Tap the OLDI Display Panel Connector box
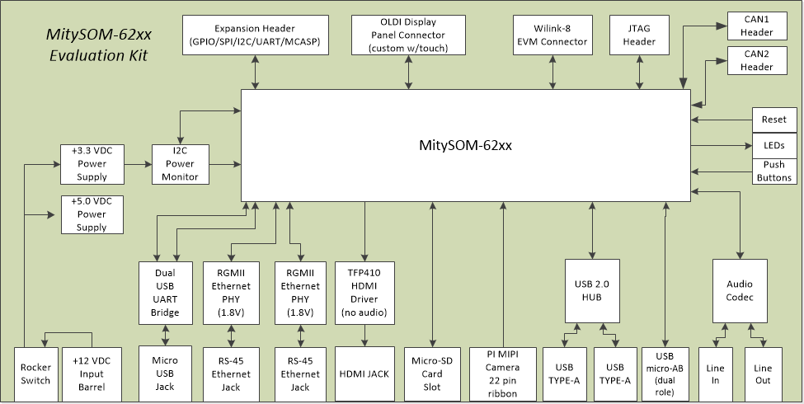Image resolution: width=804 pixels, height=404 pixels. pyautogui.click(x=409, y=35)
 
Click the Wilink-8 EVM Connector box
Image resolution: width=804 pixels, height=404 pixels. pyautogui.click(x=552, y=35)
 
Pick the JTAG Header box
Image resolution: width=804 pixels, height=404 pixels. pyautogui.click(x=640, y=35)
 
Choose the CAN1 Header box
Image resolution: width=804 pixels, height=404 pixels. pyautogui.click(x=756, y=26)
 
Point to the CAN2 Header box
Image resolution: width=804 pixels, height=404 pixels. pyautogui.click(x=756, y=60)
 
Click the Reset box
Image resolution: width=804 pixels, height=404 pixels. pyautogui.click(x=773, y=120)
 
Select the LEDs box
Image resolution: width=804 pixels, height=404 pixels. pyautogui.click(x=773, y=145)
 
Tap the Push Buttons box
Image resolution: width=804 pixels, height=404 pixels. pyautogui.click(x=773, y=171)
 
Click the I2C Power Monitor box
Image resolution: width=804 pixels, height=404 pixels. pyautogui.click(x=180, y=164)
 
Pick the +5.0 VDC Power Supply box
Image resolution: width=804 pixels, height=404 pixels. pyautogui.click(x=92, y=214)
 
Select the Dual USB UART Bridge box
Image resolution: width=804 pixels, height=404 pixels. pyautogui.click(x=166, y=292)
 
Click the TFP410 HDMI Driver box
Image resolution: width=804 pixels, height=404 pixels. pyautogui.click(x=365, y=292)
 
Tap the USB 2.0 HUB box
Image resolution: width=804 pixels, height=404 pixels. pyautogui.click(x=591, y=290)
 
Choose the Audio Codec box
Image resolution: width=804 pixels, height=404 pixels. pyautogui.click(x=740, y=290)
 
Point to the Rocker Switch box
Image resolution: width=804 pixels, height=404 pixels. pyautogui.click(x=35, y=374)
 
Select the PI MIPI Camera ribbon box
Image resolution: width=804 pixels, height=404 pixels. pyautogui.click(x=502, y=373)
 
